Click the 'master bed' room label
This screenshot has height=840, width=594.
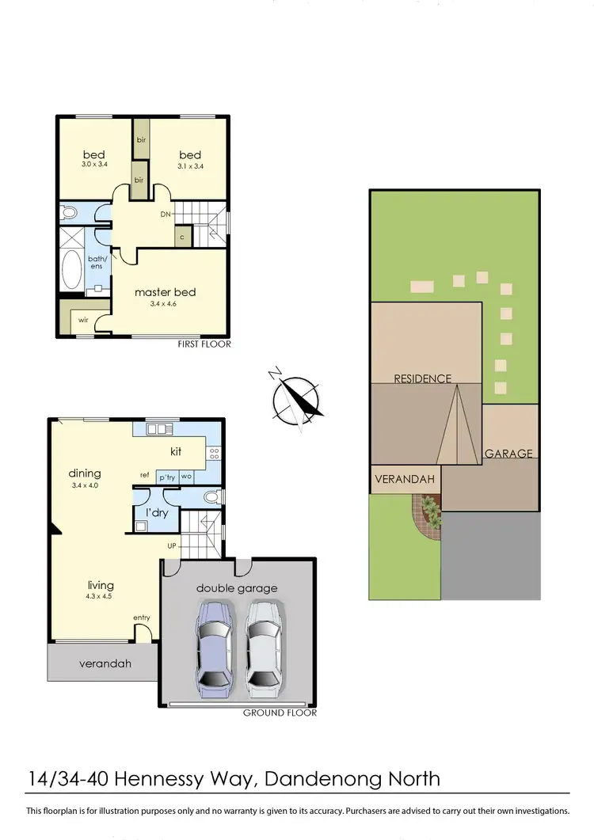165,292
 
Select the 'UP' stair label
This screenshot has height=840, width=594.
172,546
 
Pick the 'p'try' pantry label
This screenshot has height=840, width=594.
166,477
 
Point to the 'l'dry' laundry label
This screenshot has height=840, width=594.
156,512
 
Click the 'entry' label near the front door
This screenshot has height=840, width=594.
142,618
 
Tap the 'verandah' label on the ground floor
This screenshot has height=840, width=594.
105,663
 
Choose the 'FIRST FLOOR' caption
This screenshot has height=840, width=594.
204,344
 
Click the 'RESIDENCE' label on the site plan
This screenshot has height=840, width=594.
423,378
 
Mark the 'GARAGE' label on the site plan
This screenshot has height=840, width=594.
508,454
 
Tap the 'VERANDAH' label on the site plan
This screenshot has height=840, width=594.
406,480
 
